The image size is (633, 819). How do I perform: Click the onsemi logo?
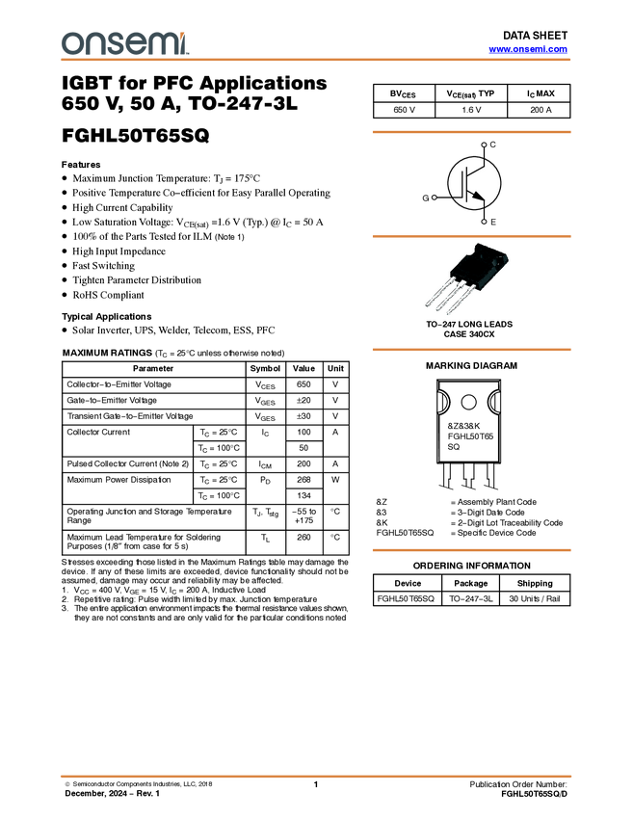click(x=125, y=43)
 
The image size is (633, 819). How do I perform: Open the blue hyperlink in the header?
click(x=528, y=48)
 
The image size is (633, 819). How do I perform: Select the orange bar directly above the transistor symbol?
click(x=471, y=132)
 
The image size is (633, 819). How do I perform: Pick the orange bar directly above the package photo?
click(x=471, y=235)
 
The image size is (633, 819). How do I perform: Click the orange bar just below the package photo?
click(x=471, y=350)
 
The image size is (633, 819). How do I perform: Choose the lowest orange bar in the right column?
click(x=471, y=550)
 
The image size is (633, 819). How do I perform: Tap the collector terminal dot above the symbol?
click(x=484, y=145)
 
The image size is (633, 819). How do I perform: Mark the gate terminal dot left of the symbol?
click(x=435, y=198)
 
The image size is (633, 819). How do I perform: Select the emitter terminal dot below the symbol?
click(x=484, y=221)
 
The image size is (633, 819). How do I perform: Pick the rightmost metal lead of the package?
click(x=465, y=306)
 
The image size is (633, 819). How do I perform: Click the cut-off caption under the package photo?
click(x=466, y=321)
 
